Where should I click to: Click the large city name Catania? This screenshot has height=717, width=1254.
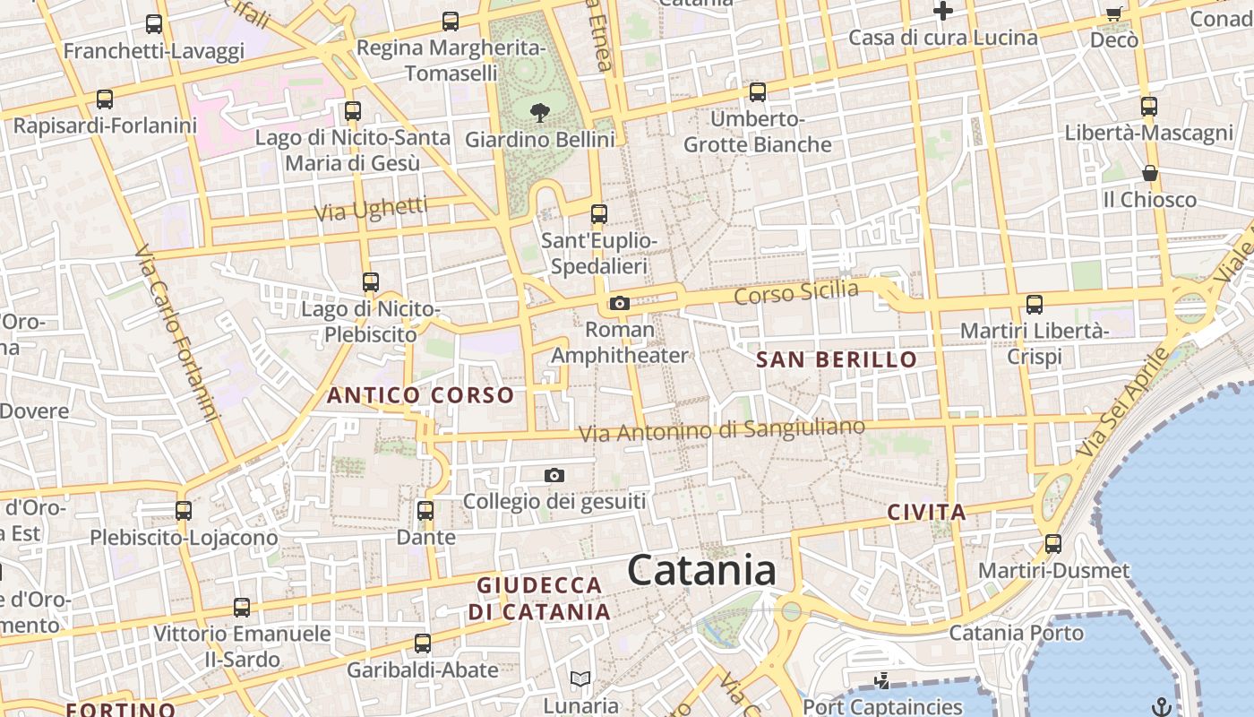(x=701, y=571)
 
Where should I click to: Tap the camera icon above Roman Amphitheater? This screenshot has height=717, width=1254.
(x=619, y=304)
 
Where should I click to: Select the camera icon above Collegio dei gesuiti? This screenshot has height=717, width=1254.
(x=554, y=475)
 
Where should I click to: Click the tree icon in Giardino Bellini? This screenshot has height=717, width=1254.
(x=539, y=112)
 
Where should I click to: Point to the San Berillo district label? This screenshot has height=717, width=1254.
(x=837, y=360)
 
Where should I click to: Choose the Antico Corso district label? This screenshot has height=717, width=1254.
(x=420, y=395)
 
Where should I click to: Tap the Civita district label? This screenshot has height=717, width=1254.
(x=926, y=513)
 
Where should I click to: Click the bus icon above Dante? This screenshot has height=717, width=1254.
(x=425, y=511)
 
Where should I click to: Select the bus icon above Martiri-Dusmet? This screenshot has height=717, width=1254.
(x=1053, y=544)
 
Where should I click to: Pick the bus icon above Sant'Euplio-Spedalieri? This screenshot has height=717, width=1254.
(x=599, y=214)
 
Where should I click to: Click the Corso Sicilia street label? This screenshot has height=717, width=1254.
(x=795, y=292)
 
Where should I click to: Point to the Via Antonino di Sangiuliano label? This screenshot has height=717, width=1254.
(x=721, y=430)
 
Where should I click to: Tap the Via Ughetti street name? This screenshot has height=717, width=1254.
(x=371, y=210)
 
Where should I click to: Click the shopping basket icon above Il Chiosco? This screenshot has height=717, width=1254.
(x=1150, y=173)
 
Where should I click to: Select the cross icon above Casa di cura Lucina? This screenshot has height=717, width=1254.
(x=942, y=11)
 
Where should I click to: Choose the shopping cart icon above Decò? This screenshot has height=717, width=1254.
(x=1114, y=13)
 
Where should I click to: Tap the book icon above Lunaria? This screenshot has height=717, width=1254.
(x=580, y=679)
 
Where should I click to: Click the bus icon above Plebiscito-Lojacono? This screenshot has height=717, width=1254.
(x=184, y=511)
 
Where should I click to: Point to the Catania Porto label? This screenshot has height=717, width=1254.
(x=1016, y=633)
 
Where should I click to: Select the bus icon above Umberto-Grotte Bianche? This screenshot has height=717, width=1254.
(x=758, y=91)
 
